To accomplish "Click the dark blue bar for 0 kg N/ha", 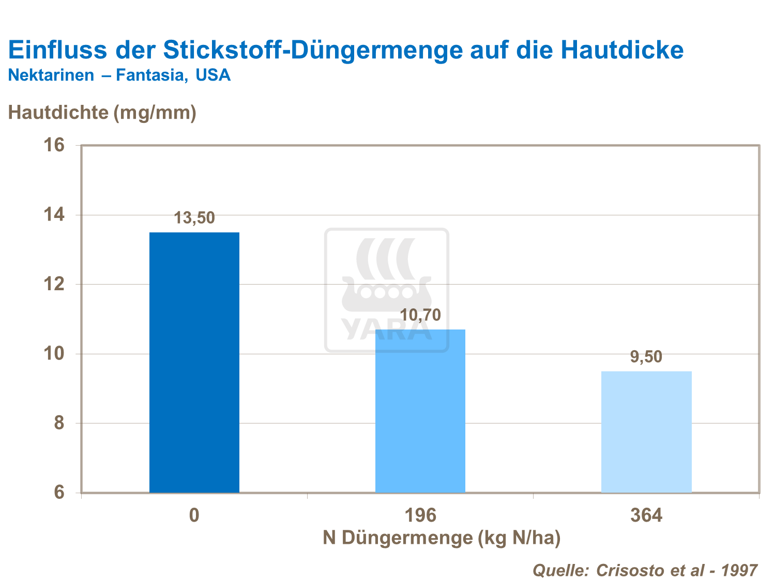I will click(x=194, y=362).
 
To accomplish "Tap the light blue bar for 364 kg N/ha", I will click(x=646, y=432).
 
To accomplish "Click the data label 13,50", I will click(x=194, y=218).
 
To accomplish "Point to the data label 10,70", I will click(x=420, y=315).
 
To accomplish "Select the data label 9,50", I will click(x=646, y=357).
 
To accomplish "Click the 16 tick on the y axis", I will click(x=54, y=145).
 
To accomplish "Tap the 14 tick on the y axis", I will click(x=54, y=215).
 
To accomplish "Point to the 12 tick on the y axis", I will click(x=54, y=284).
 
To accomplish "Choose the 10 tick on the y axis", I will click(x=54, y=354).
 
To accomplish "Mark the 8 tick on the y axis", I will click(x=58, y=423).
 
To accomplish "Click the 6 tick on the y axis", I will click(x=58, y=492).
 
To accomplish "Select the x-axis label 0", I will click(x=194, y=515).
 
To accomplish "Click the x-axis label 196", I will click(x=420, y=515).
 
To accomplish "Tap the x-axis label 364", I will click(x=646, y=515).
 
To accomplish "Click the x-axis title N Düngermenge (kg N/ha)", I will click(x=442, y=538).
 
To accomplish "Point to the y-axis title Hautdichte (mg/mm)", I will click(x=102, y=112).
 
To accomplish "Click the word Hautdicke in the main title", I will click(x=622, y=50).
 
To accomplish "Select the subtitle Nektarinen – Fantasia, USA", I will click(x=119, y=75).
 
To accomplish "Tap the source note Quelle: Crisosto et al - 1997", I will click(x=645, y=570).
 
